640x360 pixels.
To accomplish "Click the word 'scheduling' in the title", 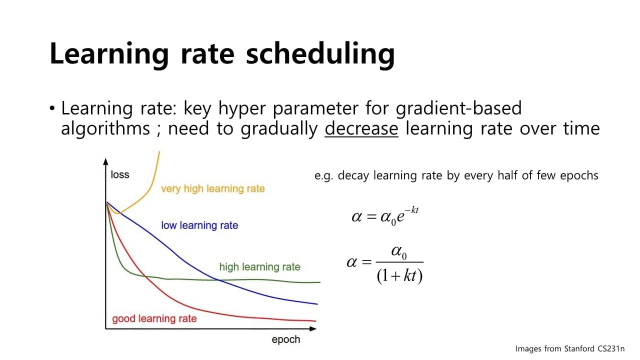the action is coord(320,55).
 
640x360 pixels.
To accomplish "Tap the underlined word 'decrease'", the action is coord(361,128).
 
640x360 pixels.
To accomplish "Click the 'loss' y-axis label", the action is coord(120,174).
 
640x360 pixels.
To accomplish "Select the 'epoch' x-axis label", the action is coord(285,339).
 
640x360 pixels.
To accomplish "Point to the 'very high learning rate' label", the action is coord(213,189).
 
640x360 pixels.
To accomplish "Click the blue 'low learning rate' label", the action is coord(199,225).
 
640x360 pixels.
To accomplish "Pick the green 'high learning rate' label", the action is coord(259,267).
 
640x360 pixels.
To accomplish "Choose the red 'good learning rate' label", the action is coord(154,318).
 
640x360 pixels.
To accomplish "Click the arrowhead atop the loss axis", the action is coord(105,161).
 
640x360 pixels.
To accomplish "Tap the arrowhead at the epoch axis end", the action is coord(313,329).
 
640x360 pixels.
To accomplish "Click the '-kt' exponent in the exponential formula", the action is coord(411,210).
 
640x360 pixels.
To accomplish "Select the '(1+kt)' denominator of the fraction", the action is coord(399,276).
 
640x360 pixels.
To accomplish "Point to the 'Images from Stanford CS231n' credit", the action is coord(570,349).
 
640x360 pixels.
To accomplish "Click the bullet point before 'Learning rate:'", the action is coord(51,108).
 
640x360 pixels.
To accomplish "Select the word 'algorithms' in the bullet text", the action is coord(105,129).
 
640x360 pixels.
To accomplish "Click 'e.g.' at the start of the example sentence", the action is coord(323,176).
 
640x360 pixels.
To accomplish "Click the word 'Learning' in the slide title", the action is coord(109,55).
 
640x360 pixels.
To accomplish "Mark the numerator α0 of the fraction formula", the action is coord(399,252).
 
